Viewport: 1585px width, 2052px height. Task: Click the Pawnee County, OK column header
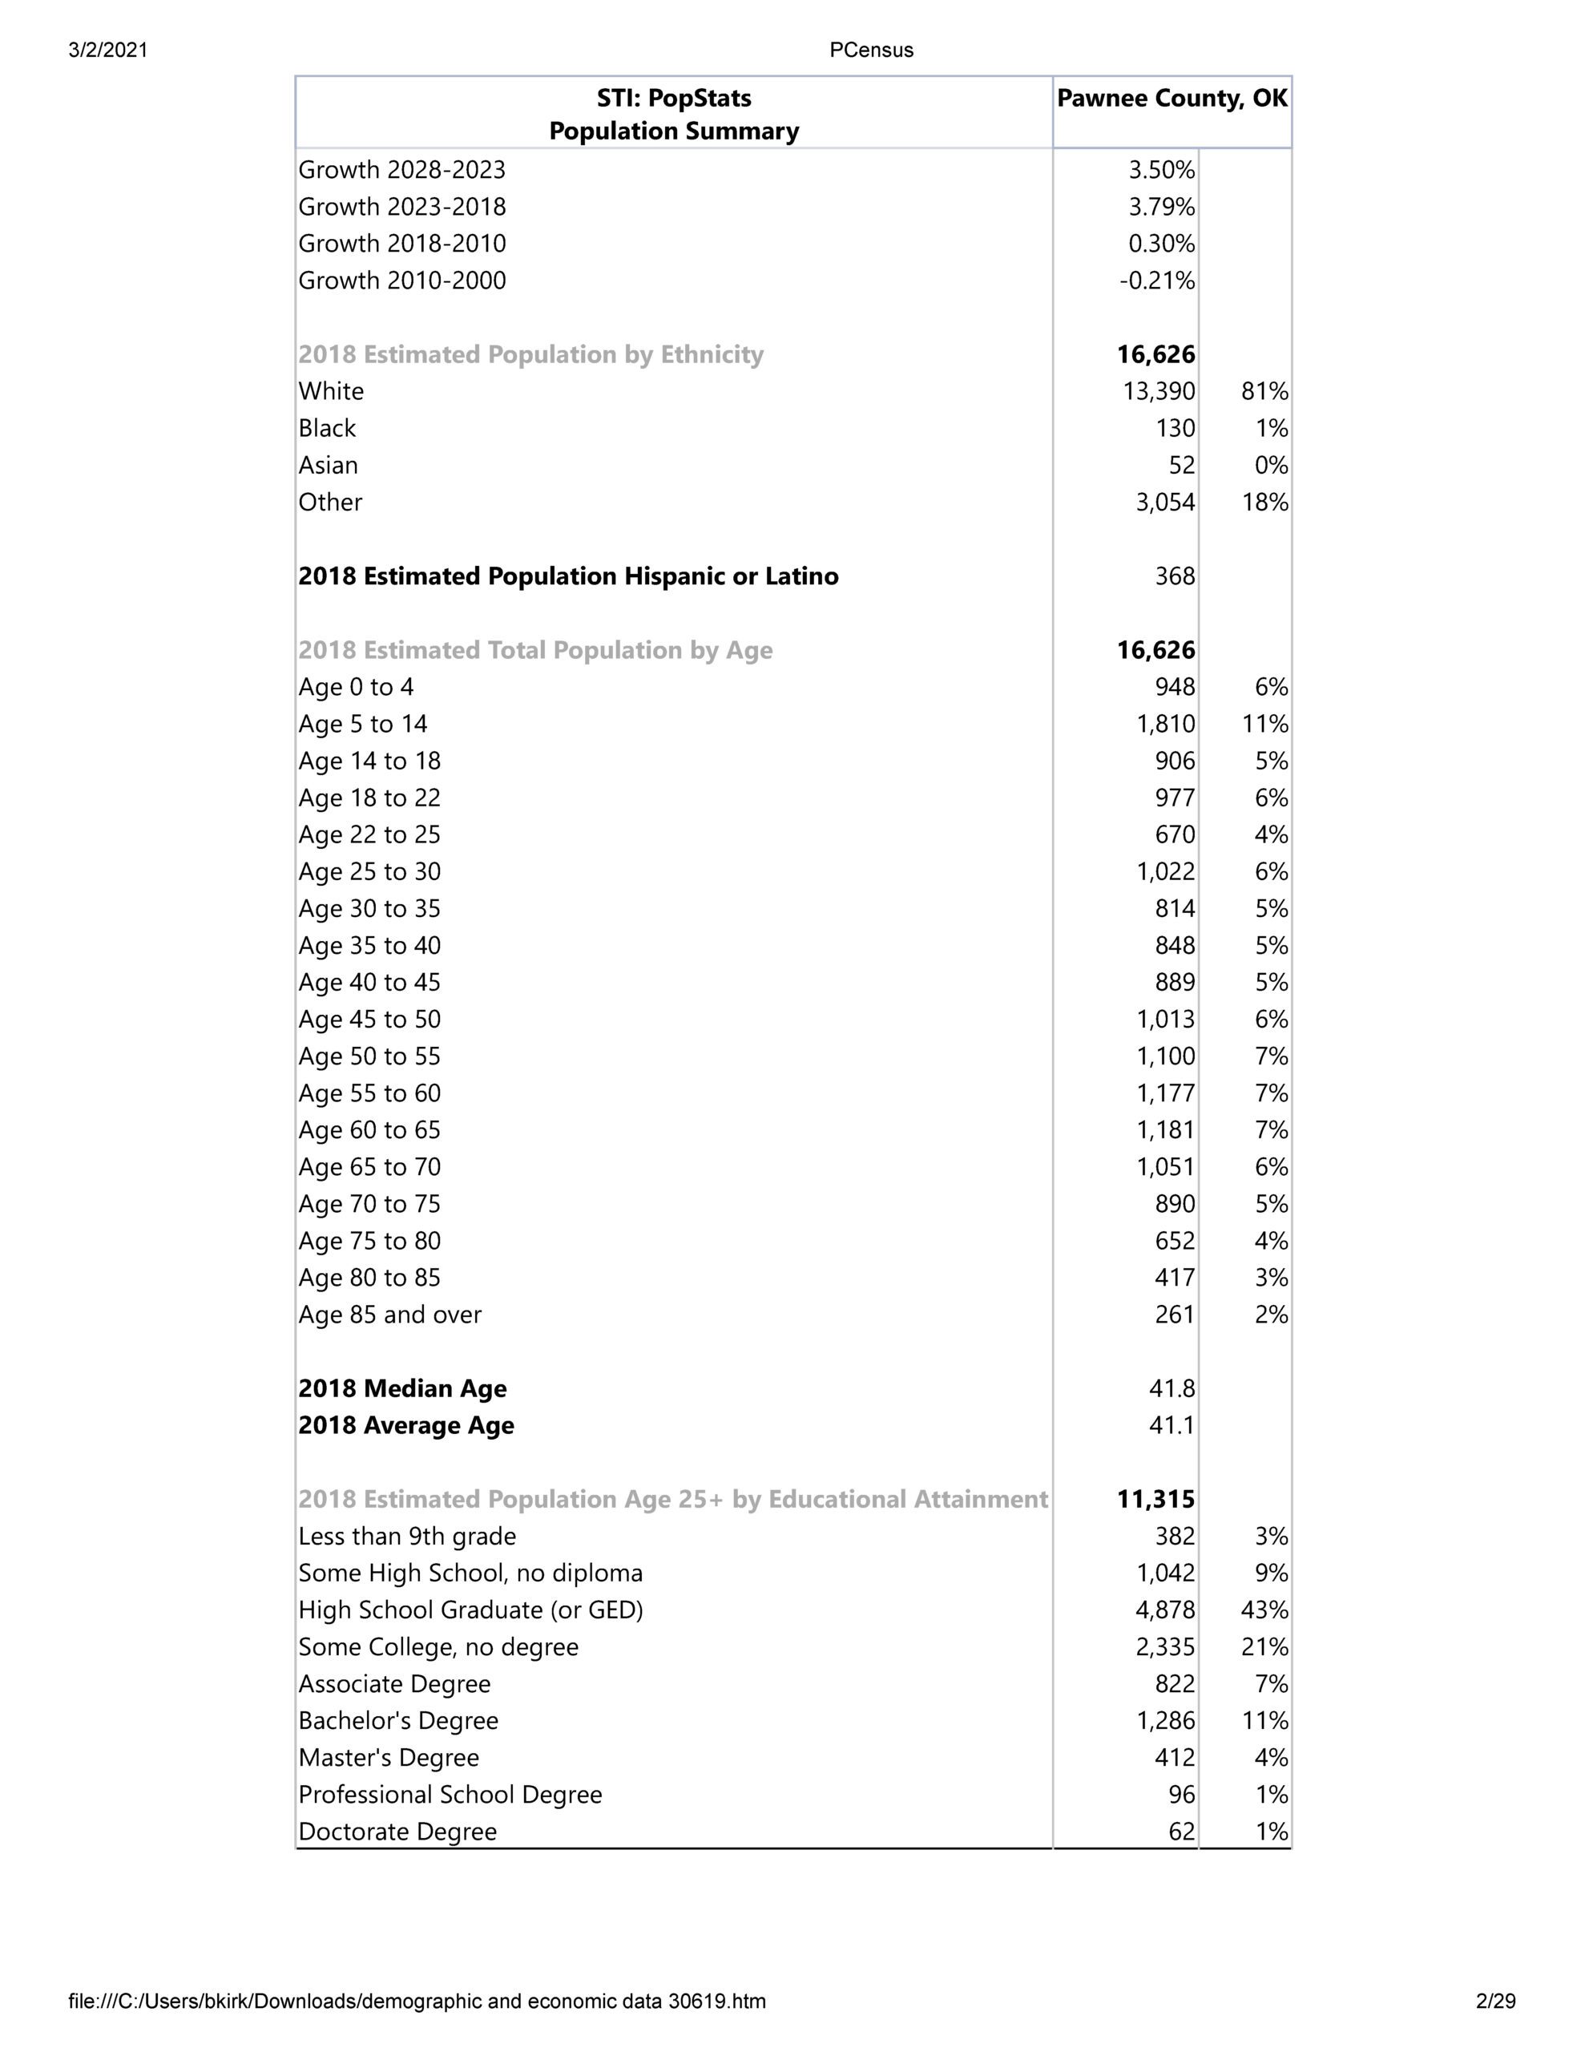(x=1172, y=99)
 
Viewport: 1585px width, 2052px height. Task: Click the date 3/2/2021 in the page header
(x=108, y=50)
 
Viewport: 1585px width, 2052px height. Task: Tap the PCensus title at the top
(x=871, y=50)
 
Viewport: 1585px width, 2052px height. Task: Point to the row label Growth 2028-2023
(x=402, y=170)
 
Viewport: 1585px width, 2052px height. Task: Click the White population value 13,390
(x=1159, y=392)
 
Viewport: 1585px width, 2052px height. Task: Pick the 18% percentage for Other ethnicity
(x=1264, y=503)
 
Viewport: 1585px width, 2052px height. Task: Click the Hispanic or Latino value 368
(x=1175, y=576)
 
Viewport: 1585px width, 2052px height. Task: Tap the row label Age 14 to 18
(x=369, y=761)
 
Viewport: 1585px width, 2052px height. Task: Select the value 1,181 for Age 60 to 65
(x=1165, y=1130)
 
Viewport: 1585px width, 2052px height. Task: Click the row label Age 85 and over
(x=390, y=1315)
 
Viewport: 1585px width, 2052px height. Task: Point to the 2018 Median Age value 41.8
(x=1172, y=1388)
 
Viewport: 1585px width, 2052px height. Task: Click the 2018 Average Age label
(x=406, y=1425)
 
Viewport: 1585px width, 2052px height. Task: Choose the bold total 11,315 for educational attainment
(x=1155, y=1500)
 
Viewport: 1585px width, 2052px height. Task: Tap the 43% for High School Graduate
(x=1264, y=1610)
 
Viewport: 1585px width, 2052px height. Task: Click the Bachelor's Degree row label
(x=398, y=1721)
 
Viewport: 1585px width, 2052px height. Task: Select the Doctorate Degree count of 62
(x=1181, y=1832)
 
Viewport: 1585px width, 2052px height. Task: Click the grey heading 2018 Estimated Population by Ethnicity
(x=530, y=355)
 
